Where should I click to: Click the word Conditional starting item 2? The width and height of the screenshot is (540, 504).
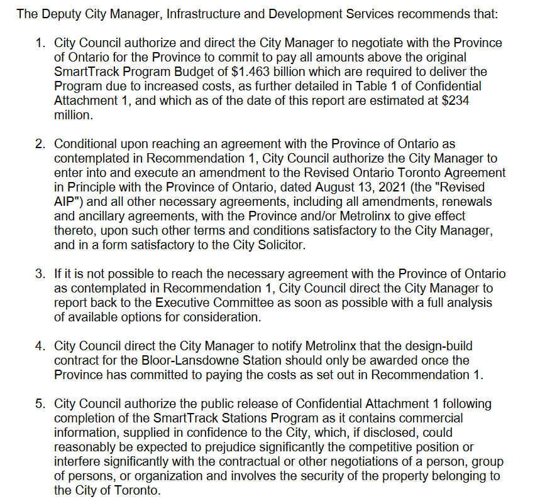pyautogui.click(x=86, y=144)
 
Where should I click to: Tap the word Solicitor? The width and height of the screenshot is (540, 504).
pyautogui.click(x=280, y=245)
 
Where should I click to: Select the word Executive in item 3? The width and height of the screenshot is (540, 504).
pyautogui.click(x=181, y=303)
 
